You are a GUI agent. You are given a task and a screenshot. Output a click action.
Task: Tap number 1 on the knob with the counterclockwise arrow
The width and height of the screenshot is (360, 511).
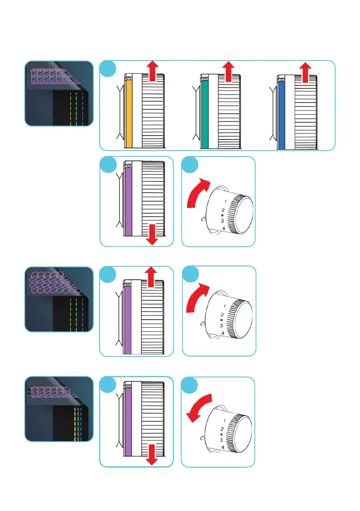pos(219,420)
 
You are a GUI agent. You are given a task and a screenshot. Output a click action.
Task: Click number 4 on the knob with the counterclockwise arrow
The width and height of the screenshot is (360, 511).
pos(223,447)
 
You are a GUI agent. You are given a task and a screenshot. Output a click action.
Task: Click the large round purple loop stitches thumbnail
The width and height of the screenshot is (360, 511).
pos(59,299)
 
